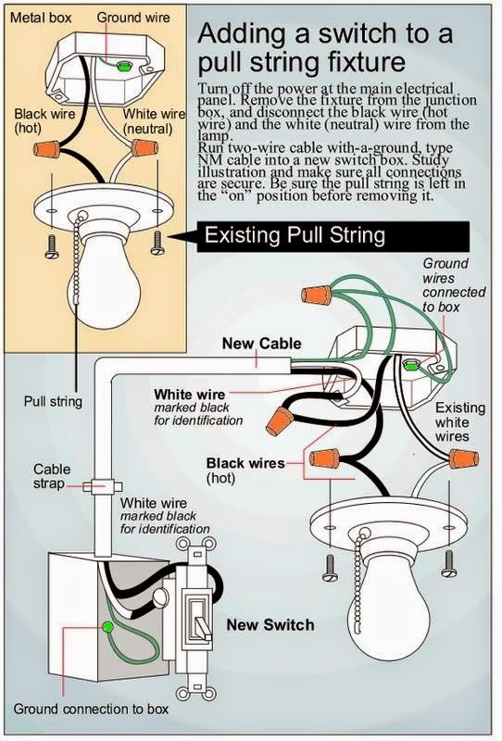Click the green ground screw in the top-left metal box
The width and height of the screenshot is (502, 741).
(x=120, y=65)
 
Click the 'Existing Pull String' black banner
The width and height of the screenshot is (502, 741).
(x=294, y=235)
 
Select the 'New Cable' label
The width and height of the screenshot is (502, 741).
(x=261, y=343)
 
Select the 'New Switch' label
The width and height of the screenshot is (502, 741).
(x=270, y=625)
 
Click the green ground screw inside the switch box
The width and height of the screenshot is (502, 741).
(x=107, y=627)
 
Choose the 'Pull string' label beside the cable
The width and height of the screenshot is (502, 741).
(x=52, y=402)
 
